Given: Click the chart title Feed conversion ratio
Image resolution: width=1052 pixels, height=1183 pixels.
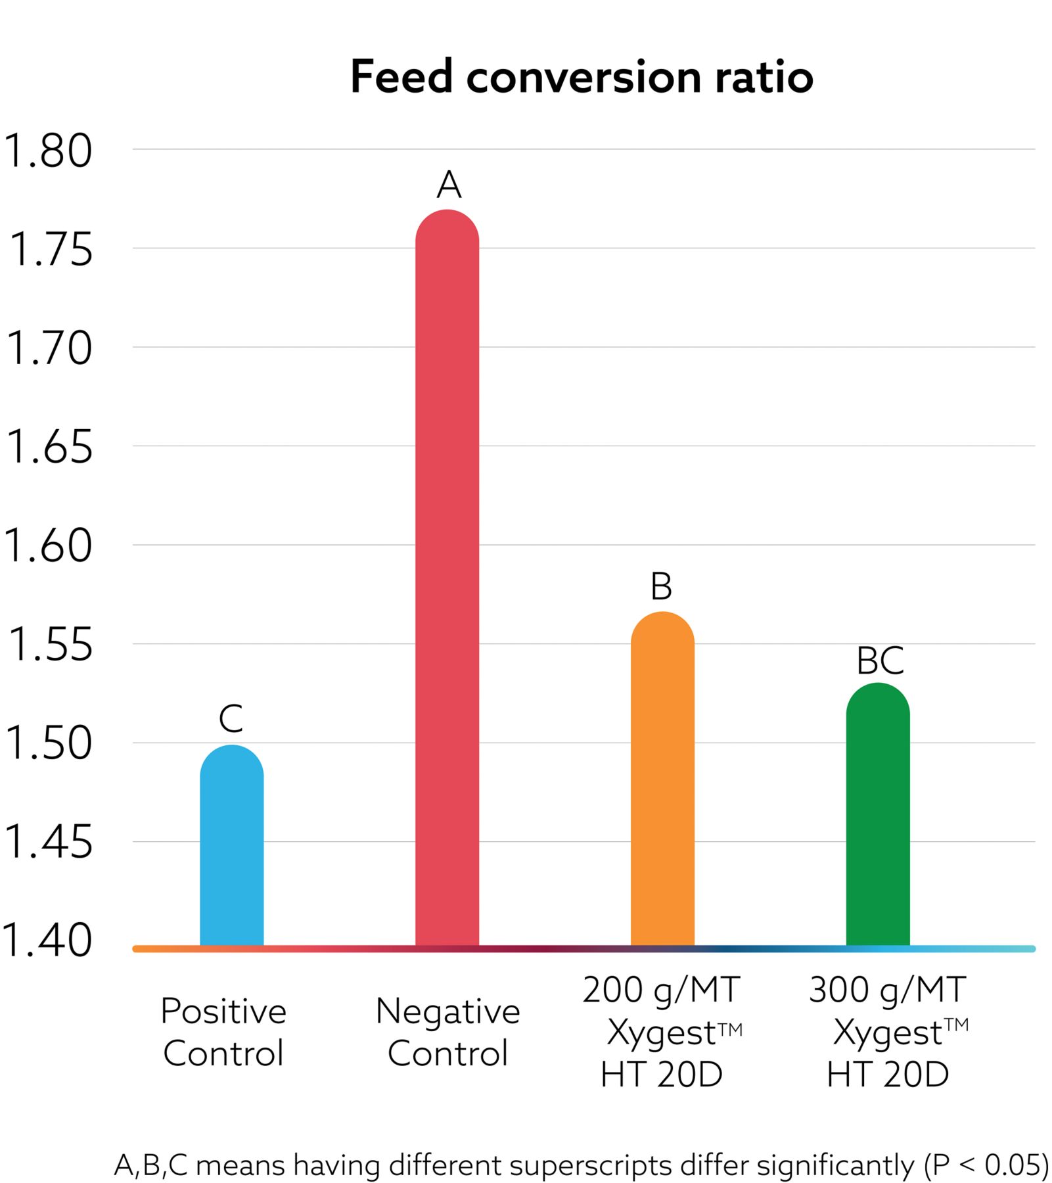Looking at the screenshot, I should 582,77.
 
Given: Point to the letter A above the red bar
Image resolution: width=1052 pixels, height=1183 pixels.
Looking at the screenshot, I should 449,185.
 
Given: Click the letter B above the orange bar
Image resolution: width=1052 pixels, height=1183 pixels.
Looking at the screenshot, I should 661,586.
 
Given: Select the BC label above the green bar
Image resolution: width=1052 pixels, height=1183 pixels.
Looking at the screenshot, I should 880,661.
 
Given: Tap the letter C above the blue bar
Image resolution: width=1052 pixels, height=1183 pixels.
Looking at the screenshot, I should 231,718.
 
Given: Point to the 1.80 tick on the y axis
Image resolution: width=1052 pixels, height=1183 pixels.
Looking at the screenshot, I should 47,151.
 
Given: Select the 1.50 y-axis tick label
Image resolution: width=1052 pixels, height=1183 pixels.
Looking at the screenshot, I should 47,744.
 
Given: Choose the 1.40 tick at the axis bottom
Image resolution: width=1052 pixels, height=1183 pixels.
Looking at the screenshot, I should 47,940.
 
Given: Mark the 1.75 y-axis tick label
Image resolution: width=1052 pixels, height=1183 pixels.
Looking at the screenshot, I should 50,250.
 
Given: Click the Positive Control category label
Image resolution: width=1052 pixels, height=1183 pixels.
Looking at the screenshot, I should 223,1032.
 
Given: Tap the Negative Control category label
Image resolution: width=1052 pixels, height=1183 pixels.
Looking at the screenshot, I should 447,1032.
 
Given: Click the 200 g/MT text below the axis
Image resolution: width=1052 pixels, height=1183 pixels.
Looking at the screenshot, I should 661,990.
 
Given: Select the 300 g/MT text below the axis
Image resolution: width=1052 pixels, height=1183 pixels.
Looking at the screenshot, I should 887,990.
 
